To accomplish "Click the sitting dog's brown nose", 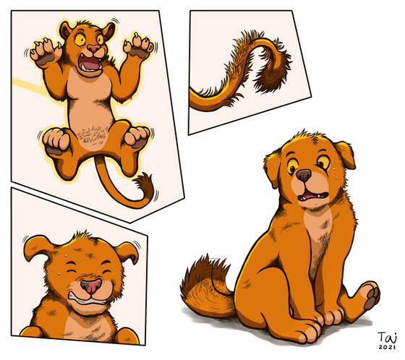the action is (x=303, y=176).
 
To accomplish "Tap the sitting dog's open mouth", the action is (x=313, y=197).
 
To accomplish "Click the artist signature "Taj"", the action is (x=387, y=338).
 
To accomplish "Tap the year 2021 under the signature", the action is (x=387, y=347).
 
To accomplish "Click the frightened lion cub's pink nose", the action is (x=93, y=48).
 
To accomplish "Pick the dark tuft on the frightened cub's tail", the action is (x=144, y=184).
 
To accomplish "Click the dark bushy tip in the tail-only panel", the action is (x=274, y=73).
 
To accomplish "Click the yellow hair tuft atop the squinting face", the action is (x=82, y=236).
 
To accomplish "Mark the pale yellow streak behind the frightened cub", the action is (x=28, y=86).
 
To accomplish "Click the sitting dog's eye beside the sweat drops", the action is (x=322, y=161).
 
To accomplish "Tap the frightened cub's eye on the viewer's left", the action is (x=80, y=39).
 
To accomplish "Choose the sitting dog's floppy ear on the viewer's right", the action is (x=346, y=154).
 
